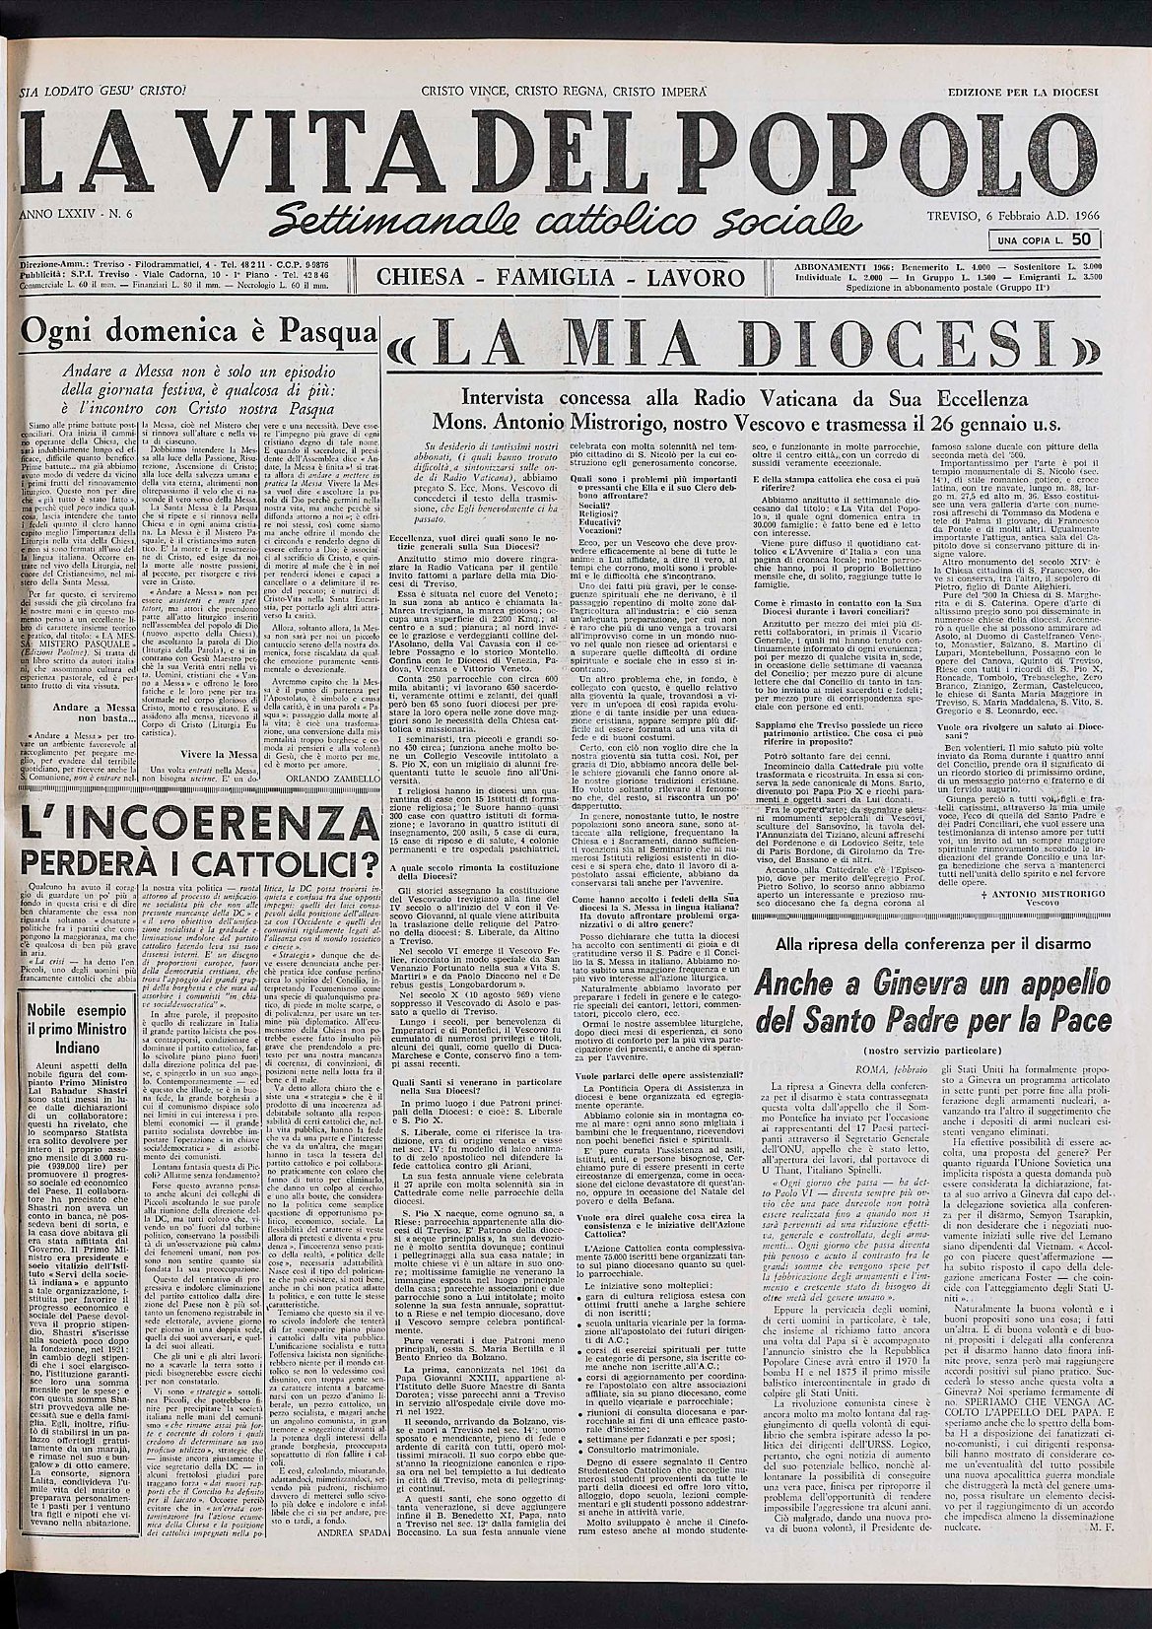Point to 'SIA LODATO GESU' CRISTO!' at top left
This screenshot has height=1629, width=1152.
(x=95, y=91)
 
